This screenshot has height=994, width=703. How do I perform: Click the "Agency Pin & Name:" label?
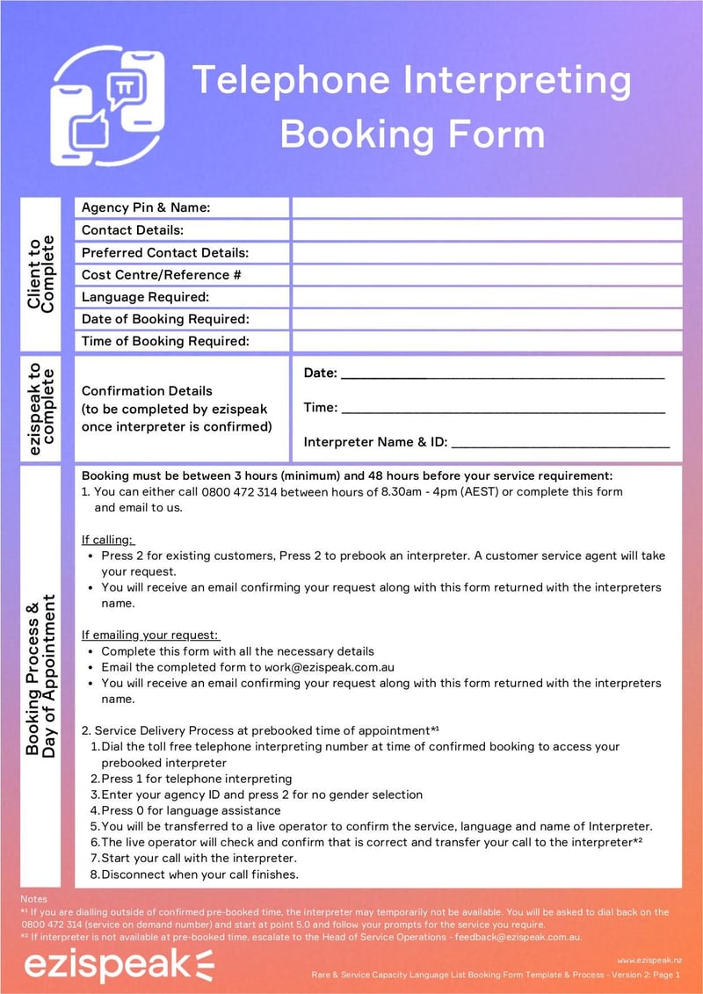coord(146,207)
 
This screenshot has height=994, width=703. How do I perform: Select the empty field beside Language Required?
coord(487,297)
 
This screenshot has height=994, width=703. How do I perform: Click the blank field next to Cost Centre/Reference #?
coord(487,274)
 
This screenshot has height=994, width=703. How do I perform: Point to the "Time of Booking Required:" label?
coord(166,341)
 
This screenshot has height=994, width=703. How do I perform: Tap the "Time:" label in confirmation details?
coord(320,408)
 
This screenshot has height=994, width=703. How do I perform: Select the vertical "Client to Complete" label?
coord(40,274)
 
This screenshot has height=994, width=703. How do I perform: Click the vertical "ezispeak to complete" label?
coord(40,410)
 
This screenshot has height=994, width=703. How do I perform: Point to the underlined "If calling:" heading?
coord(108,539)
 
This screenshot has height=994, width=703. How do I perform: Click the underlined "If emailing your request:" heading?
coord(150,635)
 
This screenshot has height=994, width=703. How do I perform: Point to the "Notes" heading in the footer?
coord(33,899)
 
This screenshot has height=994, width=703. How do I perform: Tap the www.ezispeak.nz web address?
coord(649,961)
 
